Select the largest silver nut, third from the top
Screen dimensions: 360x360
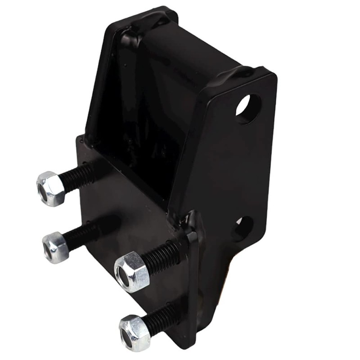[x=131, y=271]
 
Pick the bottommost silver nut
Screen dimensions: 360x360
[x=135, y=332]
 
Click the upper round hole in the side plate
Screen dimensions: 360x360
[x=248, y=108]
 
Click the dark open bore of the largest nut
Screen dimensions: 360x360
[x=123, y=274]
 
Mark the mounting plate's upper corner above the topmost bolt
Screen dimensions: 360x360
[x=80, y=137]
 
